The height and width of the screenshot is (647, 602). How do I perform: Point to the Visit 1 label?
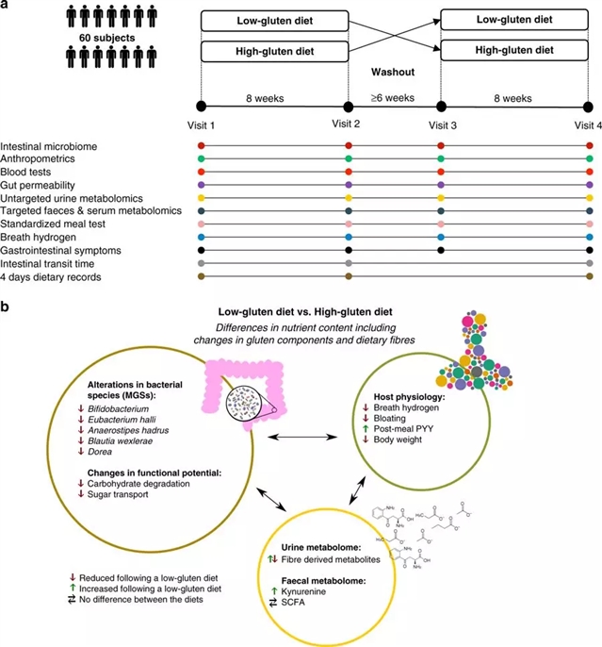[x=201, y=125]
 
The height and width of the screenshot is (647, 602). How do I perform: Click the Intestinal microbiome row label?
[x=49, y=146]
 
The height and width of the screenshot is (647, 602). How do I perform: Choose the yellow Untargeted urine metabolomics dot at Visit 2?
[x=349, y=199]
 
